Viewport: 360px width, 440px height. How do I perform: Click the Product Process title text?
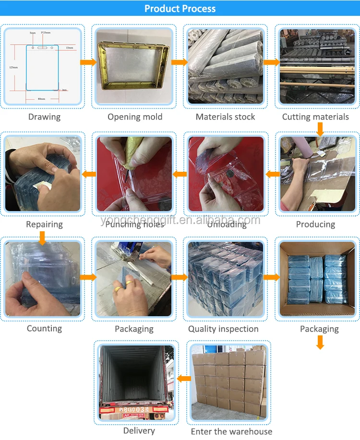[x=180, y=9]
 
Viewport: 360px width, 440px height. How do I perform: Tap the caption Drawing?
[x=44, y=117]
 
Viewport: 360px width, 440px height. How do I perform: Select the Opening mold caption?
[x=135, y=117]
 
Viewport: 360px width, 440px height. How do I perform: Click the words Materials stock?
[x=225, y=117]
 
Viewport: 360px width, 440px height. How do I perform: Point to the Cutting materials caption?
[x=315, y=117]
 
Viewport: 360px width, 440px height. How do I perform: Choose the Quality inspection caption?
[x=223, y=329]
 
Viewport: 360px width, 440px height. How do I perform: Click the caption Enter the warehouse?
[x=231, y=431]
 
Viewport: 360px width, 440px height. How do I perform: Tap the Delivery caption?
[x=139, y=430]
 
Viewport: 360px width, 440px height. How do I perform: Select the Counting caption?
[x=44, y=328]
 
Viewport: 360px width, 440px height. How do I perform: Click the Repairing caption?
[x=44, y=224]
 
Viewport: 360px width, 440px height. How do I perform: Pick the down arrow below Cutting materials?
[x=320, y=128]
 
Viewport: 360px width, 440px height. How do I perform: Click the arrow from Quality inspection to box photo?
[x=272, y=277]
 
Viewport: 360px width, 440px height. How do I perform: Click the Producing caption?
[x=315, y=224]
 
